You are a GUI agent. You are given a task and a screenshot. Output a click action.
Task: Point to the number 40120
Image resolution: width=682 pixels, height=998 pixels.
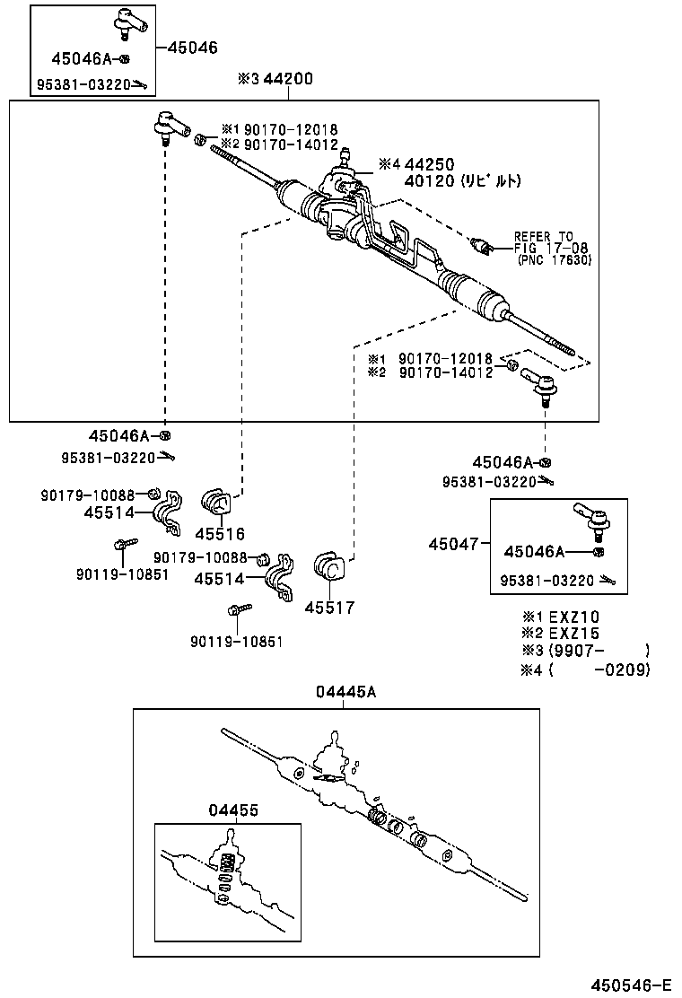tap(429, 180)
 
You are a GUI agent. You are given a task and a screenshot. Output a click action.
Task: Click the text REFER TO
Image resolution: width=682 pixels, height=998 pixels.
tap(543, 237)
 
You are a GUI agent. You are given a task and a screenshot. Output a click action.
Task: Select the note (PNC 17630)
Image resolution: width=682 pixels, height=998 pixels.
tap(555, 260)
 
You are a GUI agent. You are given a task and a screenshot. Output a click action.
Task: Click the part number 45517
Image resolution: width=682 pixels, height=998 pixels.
tap(329, 608)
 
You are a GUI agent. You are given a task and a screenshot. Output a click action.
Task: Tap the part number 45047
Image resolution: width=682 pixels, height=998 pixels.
tap(453, 544)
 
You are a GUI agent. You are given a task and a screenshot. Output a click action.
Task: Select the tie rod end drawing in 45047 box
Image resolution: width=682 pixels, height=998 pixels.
tap(592, 517)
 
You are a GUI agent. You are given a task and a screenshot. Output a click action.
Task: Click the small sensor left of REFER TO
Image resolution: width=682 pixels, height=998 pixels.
tap(485, 245)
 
